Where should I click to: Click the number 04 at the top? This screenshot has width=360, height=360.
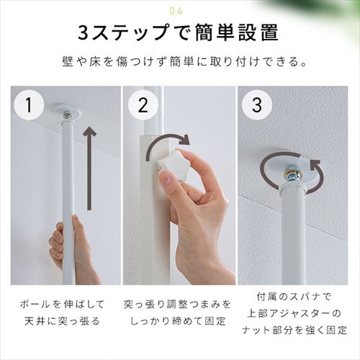click(x=179, y=11)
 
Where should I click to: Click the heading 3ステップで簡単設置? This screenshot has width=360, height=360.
click(x=179, y=34)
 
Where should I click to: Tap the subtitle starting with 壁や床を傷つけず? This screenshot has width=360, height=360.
click(x=179, y=63)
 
